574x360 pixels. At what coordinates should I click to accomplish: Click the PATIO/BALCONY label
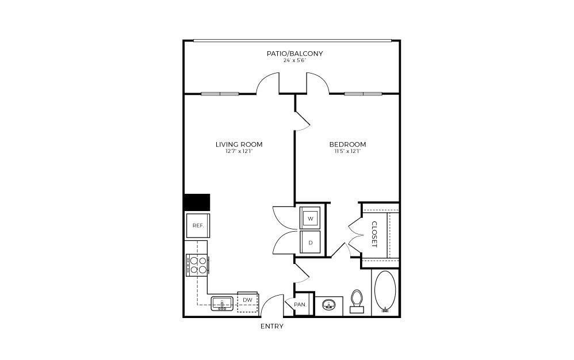[294, 53]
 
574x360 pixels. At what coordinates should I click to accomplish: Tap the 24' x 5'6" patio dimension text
[294, 60]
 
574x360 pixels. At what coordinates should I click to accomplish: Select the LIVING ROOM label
[239, 144]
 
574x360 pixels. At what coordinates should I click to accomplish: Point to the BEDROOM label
[347, 144]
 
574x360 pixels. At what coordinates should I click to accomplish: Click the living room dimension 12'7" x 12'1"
[239, 151]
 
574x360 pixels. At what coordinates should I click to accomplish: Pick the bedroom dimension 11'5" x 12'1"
[347, 151]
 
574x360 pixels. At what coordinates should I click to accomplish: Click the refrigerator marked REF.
[197, 225]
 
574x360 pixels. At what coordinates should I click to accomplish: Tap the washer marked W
[311, 219]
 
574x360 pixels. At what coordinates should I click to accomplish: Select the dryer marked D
[311, 242]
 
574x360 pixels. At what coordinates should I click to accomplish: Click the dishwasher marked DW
[247, 301]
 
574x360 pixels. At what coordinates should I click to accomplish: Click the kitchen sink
[221, 302]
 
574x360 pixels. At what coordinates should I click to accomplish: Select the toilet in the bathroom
[357, 301]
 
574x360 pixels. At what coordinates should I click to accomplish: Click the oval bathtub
[385, 292]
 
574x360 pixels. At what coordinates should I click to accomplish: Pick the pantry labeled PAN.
[300, 304]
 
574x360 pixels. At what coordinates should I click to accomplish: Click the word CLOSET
[374, 235]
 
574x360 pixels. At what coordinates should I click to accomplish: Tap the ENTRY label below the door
[272, 326]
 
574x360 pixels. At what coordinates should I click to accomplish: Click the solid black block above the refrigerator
[197, 202]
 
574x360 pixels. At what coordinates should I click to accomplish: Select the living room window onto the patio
[220, 94]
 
